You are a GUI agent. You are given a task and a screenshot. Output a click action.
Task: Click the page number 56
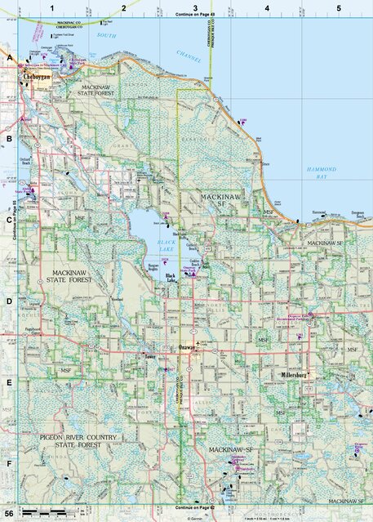pyautogui.click(x=9, y=514)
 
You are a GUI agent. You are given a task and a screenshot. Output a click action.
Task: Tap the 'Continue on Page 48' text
pyautogui.click(x=194, y=16)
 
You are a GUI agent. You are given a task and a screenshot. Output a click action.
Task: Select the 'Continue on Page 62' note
pyautogui.click(x=194, y=506)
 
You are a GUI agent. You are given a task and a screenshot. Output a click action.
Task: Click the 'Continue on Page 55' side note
pyautogui.click(x=16, y=221)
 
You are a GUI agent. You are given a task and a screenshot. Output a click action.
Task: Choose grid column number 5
pyautogui.click(x=338, y=7)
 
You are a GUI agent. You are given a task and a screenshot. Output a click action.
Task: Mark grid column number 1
pyautogui.click(x=51, y=7)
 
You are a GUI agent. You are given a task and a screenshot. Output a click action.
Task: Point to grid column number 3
pyautogui.click(x=194, y=7)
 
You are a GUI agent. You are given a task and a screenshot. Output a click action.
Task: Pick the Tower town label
pyautogui.click(x=149, y=357)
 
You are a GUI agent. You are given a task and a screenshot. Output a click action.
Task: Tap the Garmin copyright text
pyautogui.click(x=194, y=518)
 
